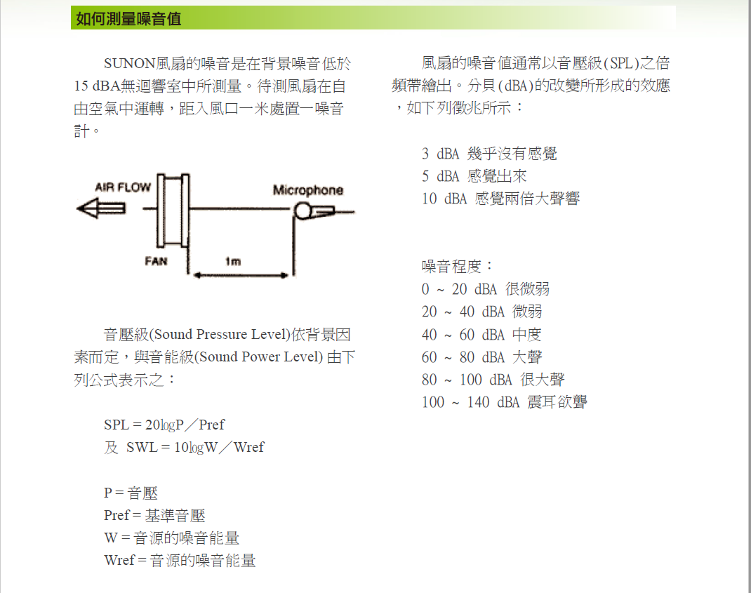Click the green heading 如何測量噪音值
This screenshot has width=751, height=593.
128,19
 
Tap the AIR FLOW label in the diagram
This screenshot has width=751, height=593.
123,187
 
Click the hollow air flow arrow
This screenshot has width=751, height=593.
101,209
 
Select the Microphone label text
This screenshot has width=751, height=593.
308,190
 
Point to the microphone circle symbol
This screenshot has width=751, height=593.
303,211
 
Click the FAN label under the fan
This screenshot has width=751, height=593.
156,261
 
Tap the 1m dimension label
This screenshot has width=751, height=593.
233,261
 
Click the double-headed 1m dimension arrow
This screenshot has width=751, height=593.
241,275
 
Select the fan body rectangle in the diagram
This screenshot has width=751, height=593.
173,211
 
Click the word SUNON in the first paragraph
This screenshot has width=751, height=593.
129,64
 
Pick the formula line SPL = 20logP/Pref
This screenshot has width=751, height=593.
164,425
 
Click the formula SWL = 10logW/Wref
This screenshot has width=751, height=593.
195,448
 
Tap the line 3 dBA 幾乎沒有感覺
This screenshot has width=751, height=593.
489,154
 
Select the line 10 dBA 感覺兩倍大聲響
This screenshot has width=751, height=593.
500,199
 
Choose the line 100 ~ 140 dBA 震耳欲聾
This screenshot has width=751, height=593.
505,402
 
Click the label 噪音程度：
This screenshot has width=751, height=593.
458,266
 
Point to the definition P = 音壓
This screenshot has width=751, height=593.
131,493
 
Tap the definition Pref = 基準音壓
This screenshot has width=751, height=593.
154,515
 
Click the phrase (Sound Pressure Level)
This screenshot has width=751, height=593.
220,334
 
